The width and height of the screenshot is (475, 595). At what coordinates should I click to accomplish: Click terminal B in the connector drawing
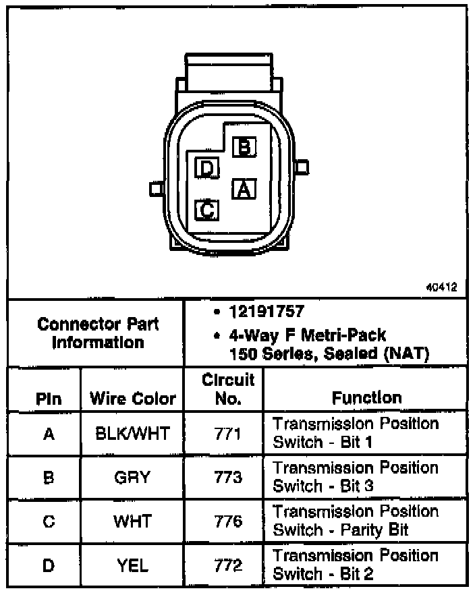click(244, 146)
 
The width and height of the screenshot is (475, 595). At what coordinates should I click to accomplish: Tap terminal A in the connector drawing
click(243, 189)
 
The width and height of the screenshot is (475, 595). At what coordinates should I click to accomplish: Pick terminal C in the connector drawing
click(206, 210)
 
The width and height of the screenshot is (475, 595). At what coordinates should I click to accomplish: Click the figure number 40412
click(442, 287)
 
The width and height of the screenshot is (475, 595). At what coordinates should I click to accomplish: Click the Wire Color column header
click(133, 399)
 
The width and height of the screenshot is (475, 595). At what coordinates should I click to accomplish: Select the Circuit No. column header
click(228, 389)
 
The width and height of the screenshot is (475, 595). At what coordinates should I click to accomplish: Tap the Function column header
click(366, 398)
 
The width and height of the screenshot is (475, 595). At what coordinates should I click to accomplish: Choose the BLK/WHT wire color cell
click(133, 433)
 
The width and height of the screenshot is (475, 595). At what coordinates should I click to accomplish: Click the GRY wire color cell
click(133, 478)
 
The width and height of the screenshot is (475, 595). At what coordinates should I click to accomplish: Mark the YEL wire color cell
click(133, 565)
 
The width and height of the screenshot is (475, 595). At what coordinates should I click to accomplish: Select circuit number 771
click(229, 433)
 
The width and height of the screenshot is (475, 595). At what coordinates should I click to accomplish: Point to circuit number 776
click(229, 521)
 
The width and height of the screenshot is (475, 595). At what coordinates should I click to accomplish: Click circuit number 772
click(229, 565)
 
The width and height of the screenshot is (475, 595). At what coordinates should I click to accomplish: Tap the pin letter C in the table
click(49, 521)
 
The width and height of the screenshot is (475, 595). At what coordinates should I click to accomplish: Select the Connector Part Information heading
click(98, 333)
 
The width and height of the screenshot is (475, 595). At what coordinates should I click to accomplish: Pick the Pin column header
click(49, 399)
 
